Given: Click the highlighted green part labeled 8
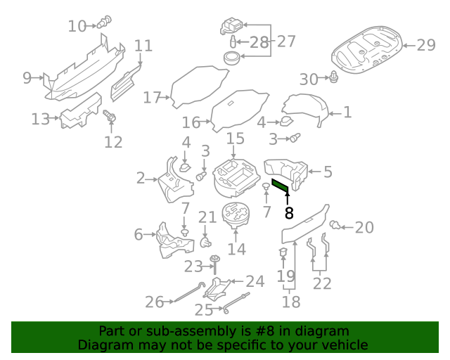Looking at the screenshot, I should [x=281, y=186].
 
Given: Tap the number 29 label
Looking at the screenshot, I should [x=426, y=45].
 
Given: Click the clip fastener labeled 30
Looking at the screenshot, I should [x=335, y=77].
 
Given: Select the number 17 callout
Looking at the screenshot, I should [x=152, y=98].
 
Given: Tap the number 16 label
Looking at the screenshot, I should [x=191, y=122].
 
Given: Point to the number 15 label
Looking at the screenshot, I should [x=235, y=139].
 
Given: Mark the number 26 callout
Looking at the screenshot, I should [x=154, y=302].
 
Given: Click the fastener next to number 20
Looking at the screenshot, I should [x=336, y=225].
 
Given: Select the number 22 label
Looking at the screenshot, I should [x=322, y=283].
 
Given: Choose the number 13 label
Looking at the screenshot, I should [x=41, y=119].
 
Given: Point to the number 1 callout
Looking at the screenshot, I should [x=347, y=112].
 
